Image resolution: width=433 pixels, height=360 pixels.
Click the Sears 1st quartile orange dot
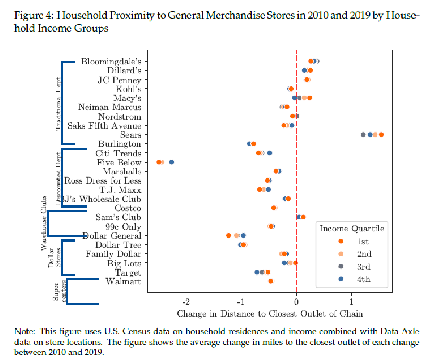[x=381, y=135]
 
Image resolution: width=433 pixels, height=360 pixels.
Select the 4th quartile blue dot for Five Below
[x=171, y=162]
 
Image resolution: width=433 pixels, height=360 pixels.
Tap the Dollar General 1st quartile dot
[x=228, y=235]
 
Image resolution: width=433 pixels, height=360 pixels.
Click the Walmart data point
[x=271, y=281]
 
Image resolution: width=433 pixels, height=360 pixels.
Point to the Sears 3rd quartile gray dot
[x=363, y=135]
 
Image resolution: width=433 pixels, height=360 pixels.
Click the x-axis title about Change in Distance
[x=270, y=314]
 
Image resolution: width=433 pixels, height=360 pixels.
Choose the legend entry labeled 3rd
[x=363, y=266]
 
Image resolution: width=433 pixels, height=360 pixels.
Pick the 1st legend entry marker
[x=341, y=241]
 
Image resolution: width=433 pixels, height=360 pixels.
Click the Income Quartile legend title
[x=352, y=229]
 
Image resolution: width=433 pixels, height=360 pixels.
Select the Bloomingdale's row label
[x=111, y=61]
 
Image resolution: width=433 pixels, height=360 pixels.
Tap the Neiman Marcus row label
[x=109, y=107]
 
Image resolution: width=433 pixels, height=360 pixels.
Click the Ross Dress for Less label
[x=102, y=181]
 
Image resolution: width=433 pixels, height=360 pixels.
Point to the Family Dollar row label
[x=113, y=254]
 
